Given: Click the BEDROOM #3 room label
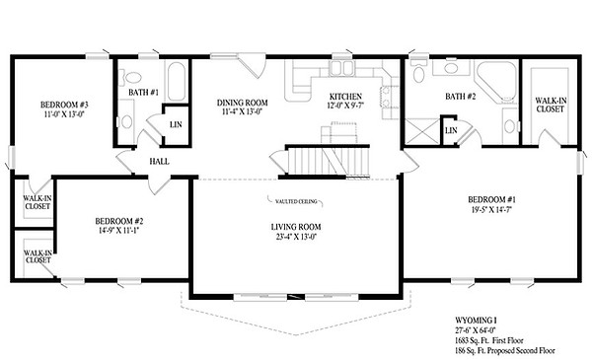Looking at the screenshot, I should [x=65, y=106].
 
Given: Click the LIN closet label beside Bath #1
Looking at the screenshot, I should [x=176, y=124].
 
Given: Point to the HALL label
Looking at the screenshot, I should [x=158, y=161].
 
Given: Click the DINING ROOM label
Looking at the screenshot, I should [x=243, y=102].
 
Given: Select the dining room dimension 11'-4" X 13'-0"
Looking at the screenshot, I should [x=243, y=112].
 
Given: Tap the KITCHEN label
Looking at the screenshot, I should [x=346, y=96].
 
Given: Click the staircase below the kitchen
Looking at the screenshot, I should [x=325, y=160].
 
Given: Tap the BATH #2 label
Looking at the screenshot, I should [x=461, y=96].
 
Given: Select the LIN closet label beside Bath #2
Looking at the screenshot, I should [x=450, y=130].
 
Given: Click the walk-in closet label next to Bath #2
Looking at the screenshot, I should [x=550, y=104].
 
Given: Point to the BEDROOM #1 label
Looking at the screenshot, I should [x=493, y=200].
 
